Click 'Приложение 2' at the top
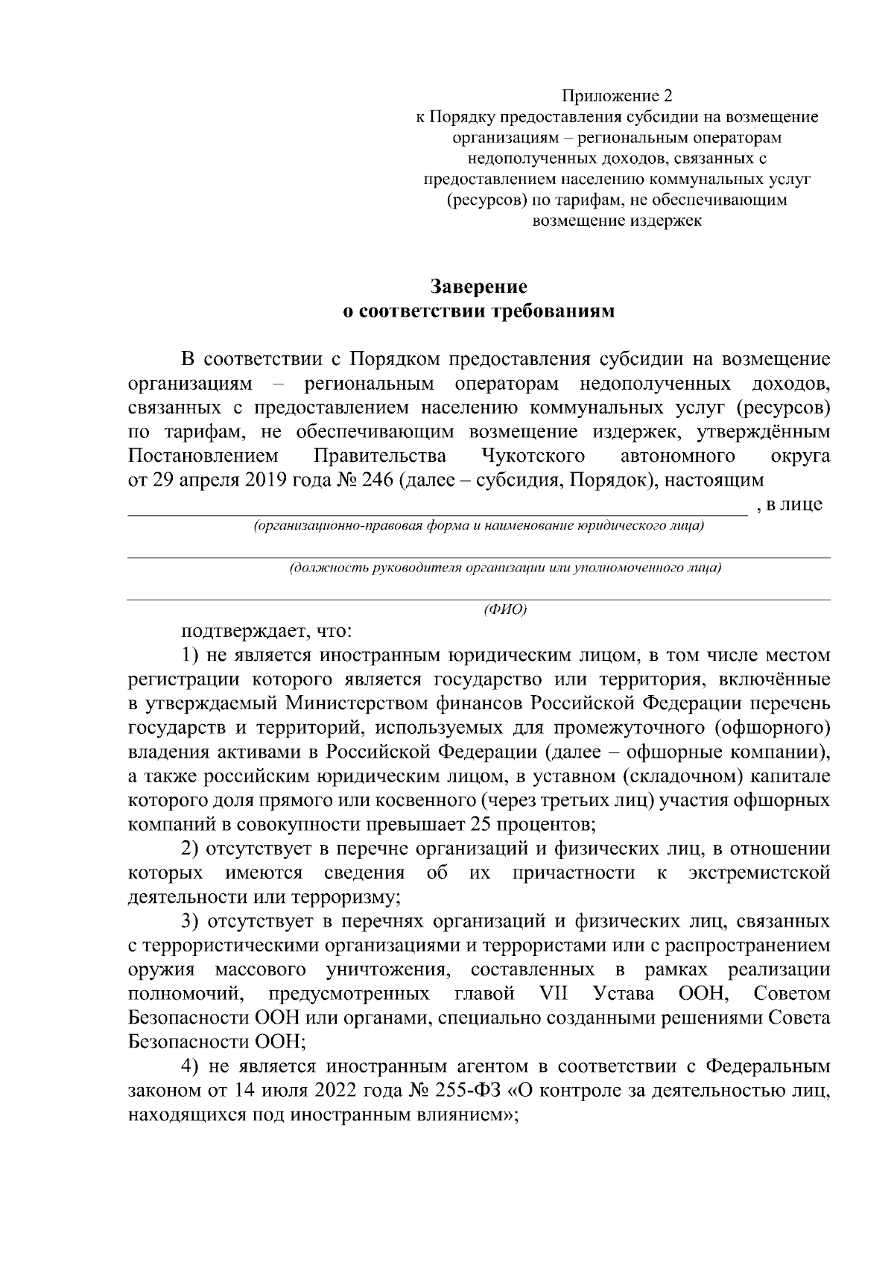click(617, 96)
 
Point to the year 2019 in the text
click(268, 481)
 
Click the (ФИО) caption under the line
click(505, 610)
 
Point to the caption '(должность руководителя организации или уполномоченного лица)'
click(505, 568)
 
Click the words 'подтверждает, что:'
click(262, 632)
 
